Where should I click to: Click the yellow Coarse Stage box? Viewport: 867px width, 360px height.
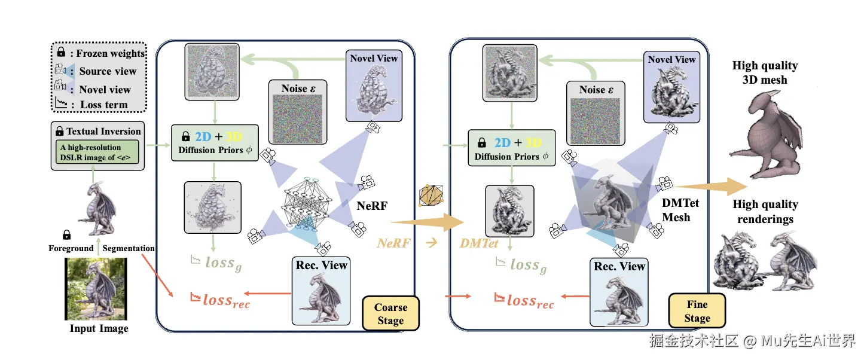point(390,314)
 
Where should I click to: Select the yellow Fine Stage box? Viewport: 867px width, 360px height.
point(697,311)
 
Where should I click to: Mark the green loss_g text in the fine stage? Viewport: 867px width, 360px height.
point(521,264)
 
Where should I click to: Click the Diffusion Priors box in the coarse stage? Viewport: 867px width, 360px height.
point(215,143)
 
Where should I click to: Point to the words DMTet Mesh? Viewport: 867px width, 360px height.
point(680,210)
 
